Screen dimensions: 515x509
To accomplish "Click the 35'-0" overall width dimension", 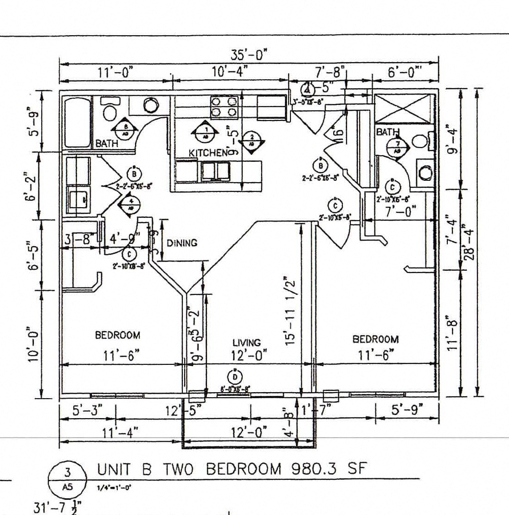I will pos(250,56).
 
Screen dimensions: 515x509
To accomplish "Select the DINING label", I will pos(182,243).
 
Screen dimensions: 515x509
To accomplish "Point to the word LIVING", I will pos(246,343).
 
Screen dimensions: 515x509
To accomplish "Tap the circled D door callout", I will pos(235,377).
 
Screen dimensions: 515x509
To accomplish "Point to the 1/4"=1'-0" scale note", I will pos(114,488).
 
